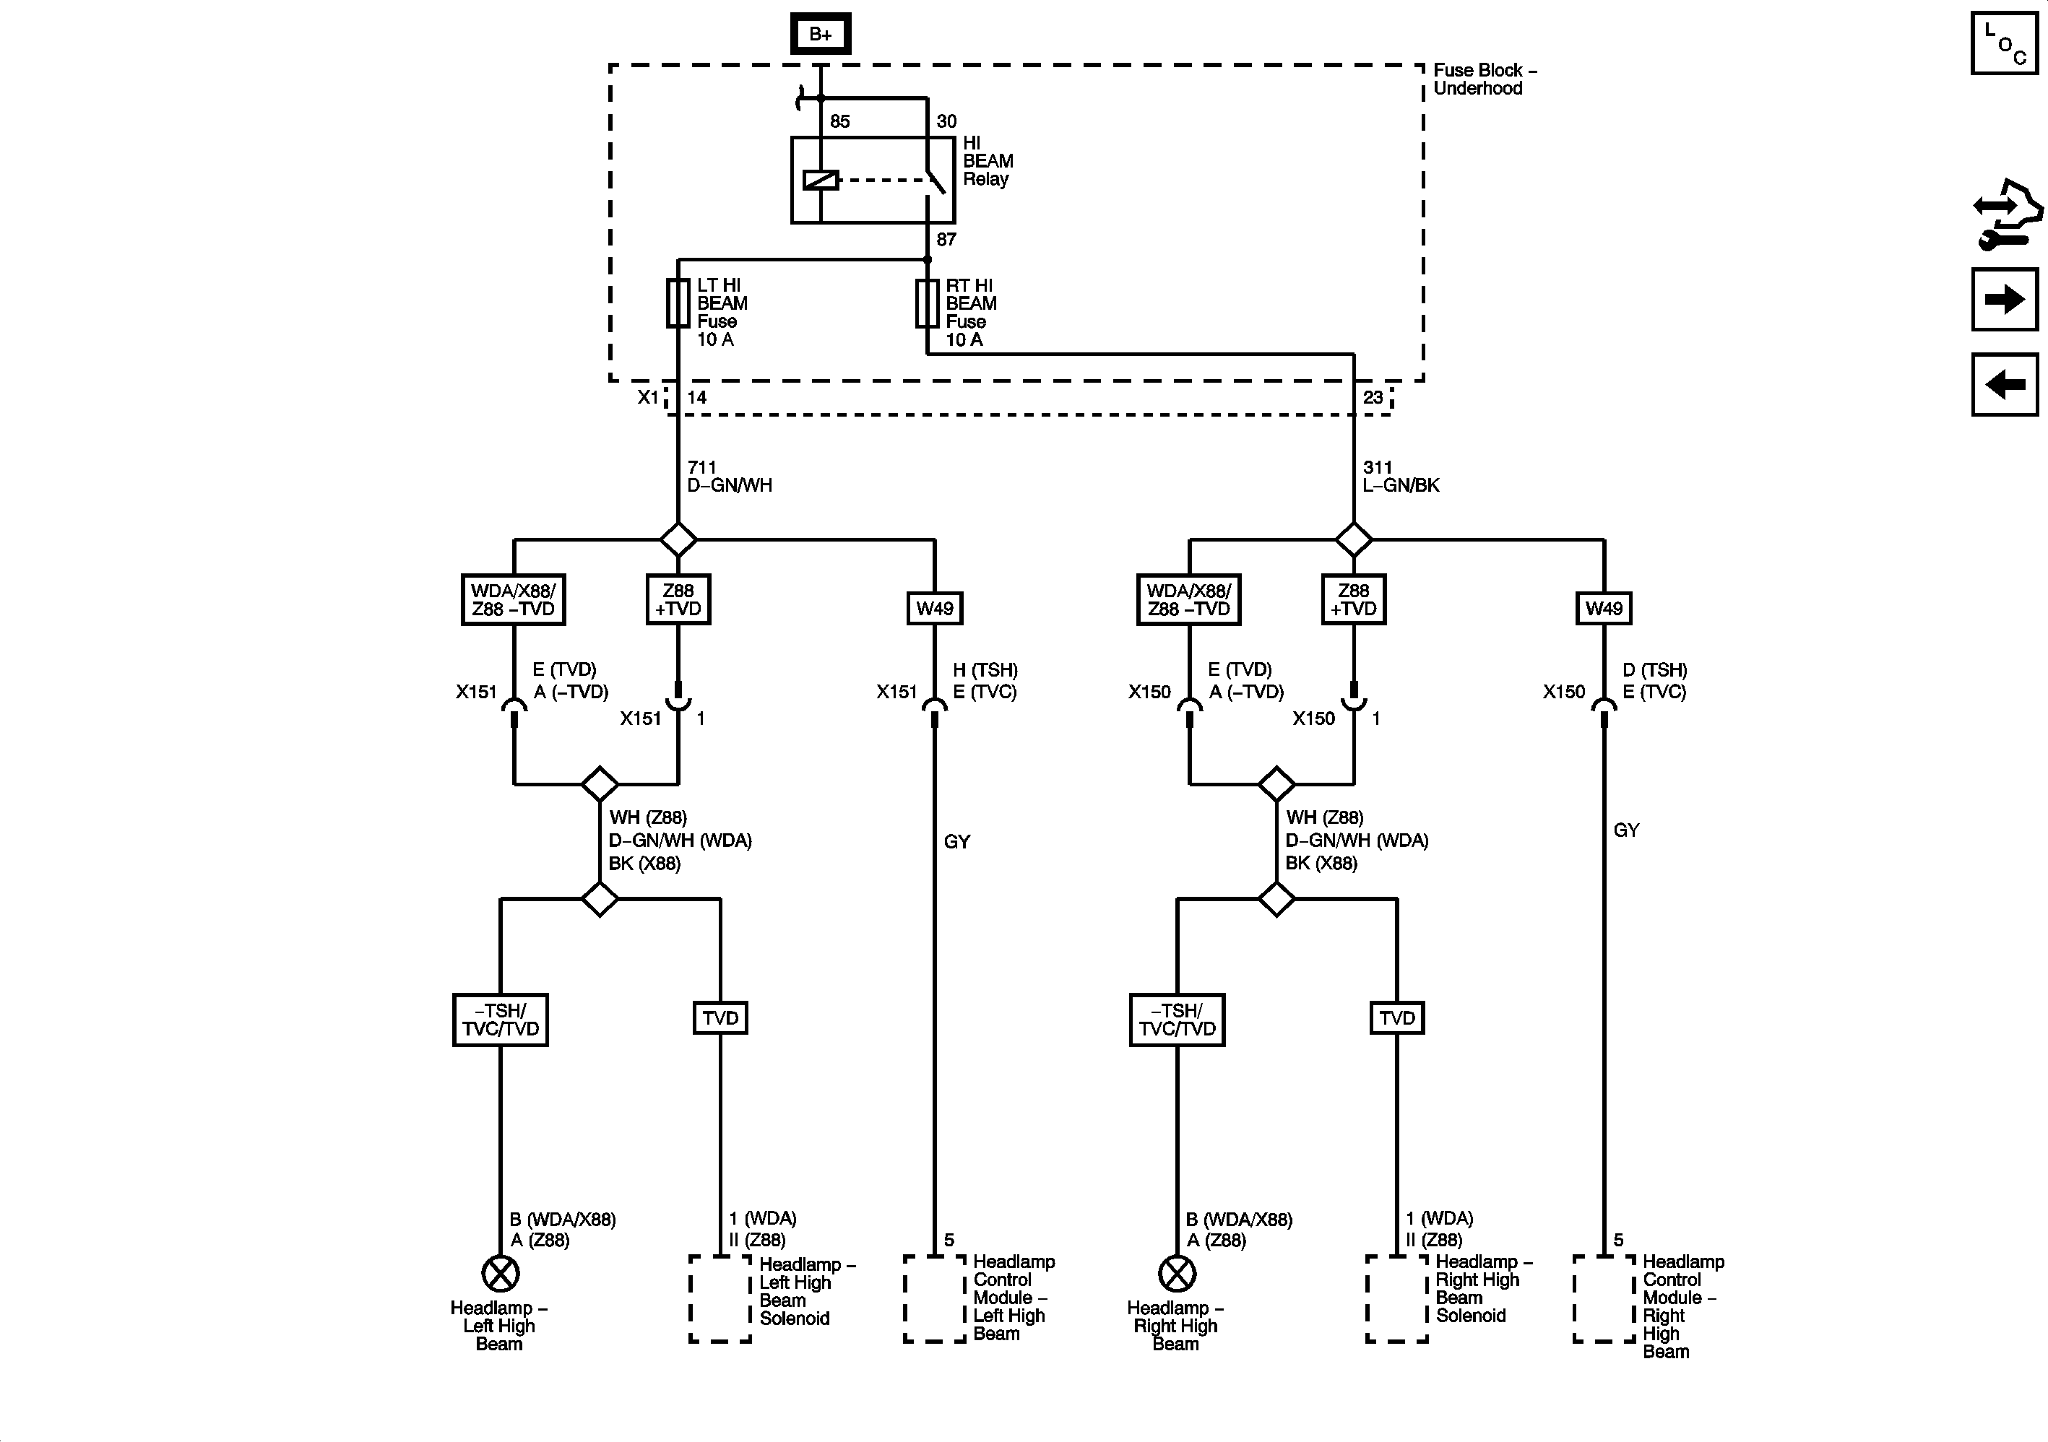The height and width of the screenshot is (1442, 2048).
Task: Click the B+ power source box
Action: point(821,34)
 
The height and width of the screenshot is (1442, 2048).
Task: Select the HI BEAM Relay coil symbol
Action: point(821,180)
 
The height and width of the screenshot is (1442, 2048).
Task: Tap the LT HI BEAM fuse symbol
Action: point(678,303)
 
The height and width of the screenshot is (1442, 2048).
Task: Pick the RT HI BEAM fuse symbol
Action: point(928,303)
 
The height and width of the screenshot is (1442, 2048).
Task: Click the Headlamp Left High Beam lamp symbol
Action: point(501,1274)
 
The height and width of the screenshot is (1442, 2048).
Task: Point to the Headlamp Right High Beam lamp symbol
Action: point(1178,1274)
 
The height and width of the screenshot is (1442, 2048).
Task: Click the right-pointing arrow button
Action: point(2004,299)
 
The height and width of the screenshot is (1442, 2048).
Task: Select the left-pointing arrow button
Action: point(2004,384)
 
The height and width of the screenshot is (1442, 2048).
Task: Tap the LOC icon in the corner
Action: point(2004,43)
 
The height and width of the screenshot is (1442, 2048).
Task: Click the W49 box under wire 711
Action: point(935,608)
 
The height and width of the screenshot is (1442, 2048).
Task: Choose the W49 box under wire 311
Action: point(1604,608)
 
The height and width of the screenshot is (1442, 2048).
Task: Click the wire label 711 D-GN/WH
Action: point(730,476)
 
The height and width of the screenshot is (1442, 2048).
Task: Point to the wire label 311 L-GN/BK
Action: point(1401,476)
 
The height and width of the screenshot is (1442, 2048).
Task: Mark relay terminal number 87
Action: point(946,239)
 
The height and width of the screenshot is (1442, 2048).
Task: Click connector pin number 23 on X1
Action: point(1373,397)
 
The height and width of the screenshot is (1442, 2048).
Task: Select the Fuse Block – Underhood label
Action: point(1485,79)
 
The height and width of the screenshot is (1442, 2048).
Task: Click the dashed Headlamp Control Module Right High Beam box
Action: point(1604,1298)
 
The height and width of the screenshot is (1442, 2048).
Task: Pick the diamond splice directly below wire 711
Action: point(678,539)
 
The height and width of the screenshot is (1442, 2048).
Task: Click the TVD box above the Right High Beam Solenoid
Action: point(1397,1017)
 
